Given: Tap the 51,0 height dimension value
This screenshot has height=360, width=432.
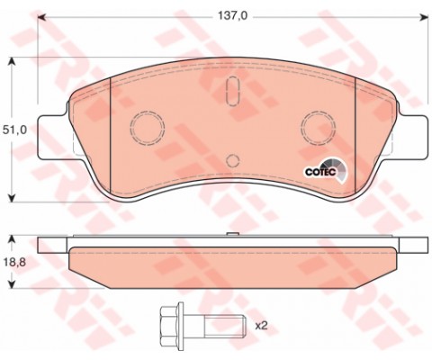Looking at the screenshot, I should [x=15, y=130].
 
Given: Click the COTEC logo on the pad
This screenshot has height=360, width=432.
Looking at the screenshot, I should [x=320, y=167].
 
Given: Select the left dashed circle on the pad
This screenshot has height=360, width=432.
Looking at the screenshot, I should [x=145, y=124].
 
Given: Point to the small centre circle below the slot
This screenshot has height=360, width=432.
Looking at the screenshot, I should [x=231, y=161].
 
